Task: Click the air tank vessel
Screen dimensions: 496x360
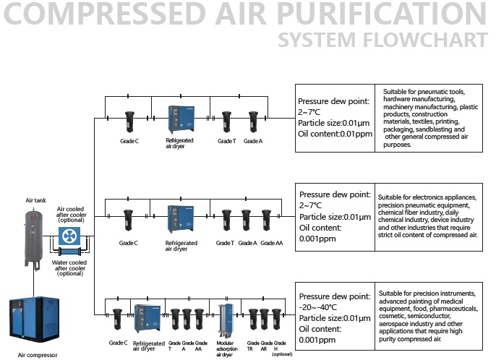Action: click(33, 238)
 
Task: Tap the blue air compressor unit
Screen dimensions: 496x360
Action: click(34, 320)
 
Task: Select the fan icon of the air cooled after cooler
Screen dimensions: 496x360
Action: click(69, 236)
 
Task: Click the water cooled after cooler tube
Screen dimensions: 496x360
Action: click(70, 252)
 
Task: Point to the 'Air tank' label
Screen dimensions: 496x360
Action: click(35, 200)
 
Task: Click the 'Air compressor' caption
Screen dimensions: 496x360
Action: click(38, 355)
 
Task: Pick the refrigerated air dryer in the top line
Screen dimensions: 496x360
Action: click(181, 119)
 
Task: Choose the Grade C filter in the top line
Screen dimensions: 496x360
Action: click(129, 121)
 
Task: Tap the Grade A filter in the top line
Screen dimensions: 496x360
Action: click(253, 121)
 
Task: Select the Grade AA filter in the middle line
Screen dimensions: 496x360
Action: click(266, 220)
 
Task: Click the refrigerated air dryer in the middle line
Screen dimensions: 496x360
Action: click(181, 219)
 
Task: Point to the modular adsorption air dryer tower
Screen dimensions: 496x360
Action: click(226, 320)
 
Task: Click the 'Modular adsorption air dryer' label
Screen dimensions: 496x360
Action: click(227, 348)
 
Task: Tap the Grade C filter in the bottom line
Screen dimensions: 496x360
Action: click(117, 320)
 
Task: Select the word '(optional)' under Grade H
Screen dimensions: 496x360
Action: click(282, 354)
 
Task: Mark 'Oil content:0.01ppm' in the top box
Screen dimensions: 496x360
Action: click(335, 134)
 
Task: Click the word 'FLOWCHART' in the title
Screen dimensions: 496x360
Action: click(425, 40)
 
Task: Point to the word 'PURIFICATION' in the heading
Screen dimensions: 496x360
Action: click(382, 13)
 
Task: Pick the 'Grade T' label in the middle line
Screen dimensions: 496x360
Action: click(225, 243)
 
